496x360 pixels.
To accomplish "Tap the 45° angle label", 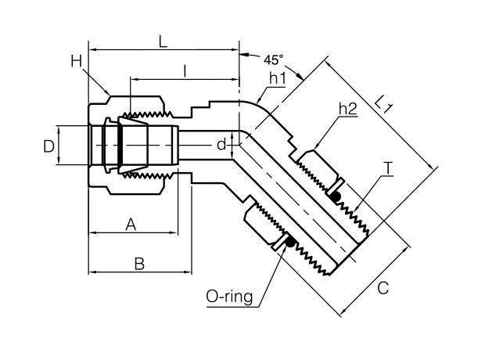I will click(x=274, y=59).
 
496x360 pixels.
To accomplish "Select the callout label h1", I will click(x=277, y=78).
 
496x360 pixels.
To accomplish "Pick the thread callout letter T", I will click(x=388, y=168).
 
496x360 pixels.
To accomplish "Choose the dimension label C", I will click(x=383, y=287).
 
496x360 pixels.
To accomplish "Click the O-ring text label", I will click(x=227, y=297).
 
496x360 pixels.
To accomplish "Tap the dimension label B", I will click(x=139, y=264).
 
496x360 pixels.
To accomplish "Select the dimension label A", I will click(x=131, y=225).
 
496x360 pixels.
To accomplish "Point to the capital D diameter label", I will click(x=49, y=146).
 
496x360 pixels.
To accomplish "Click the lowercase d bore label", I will click(x=221, y=144).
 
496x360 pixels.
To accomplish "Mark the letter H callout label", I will click(x=75, y=60).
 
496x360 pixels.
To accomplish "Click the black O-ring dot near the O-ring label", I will click(x=290, y=243).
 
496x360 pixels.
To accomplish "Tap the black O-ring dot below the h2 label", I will click(x=338, y=195).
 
